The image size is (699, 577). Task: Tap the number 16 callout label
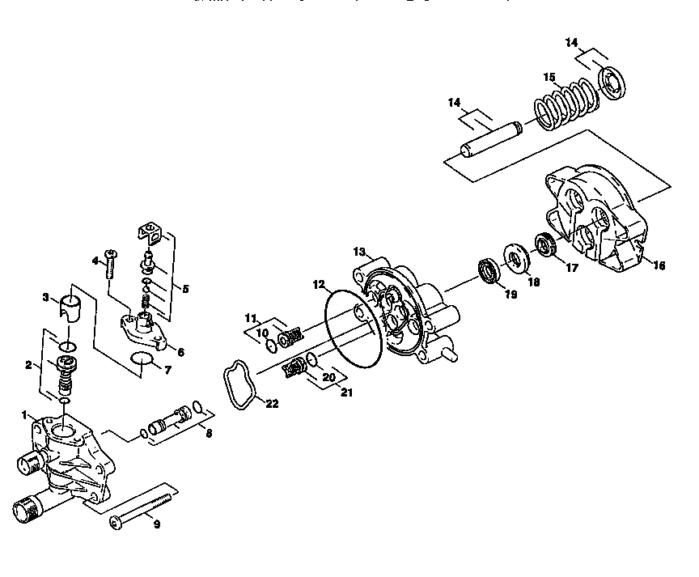(659, 265)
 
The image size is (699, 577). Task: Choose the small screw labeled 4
(111, 267)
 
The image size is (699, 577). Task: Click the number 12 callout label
(319, 284)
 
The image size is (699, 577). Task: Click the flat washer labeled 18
(515, 257)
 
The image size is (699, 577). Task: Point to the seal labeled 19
(488, 269)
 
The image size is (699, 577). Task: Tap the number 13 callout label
(359, 252)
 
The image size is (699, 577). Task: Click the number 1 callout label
(24, 414)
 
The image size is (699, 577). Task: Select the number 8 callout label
(209, 433)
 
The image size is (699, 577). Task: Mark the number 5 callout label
(185, 288)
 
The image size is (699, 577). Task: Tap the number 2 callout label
(29, 365)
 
